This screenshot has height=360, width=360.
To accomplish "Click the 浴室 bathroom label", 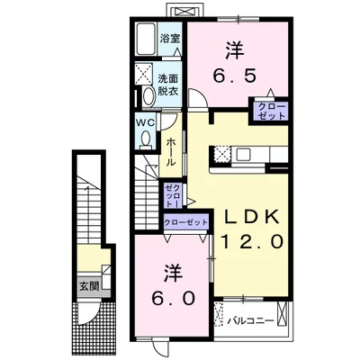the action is pos(170,39).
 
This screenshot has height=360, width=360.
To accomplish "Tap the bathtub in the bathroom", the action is pos(146,39).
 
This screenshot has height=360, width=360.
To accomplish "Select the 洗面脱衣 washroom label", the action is pos(168,85).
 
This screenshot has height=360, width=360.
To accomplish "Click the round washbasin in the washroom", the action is pos(148,96).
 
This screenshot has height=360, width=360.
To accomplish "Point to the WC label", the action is pos(146,122).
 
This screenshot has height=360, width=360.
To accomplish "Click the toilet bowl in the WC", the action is pos(146,139).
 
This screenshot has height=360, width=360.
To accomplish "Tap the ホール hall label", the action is pos(171,152).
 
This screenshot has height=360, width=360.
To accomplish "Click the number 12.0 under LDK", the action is pos(252,241).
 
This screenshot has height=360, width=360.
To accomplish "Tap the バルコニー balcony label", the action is pos(250,321).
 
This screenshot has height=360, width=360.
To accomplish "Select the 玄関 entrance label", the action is pos(89,286).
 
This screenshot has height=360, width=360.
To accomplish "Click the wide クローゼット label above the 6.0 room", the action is pos(185,222).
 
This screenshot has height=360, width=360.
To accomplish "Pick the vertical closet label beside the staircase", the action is pos(173,196).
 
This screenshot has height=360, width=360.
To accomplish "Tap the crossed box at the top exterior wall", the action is pos(185,11).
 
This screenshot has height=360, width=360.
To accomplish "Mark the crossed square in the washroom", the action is pos(143,73).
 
